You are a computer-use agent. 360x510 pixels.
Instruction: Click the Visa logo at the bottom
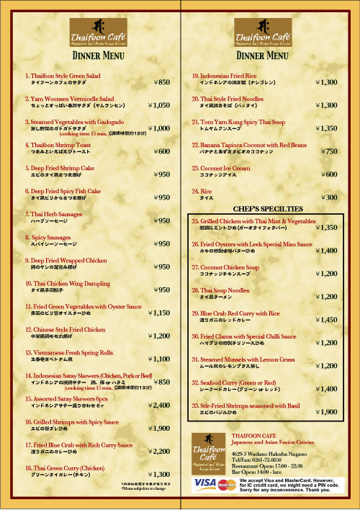(x=205, y=482)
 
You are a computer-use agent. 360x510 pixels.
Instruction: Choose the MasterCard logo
(x=226, y=484)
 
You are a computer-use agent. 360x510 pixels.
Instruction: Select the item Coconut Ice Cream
(x=221, y=168)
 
